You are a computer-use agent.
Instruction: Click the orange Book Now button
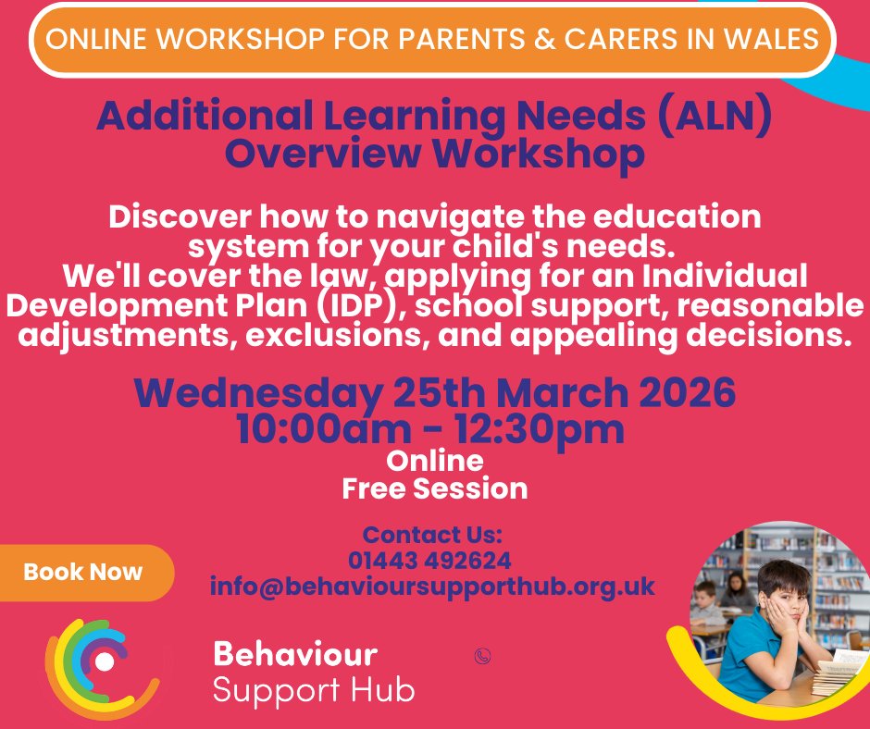tap(83, 572)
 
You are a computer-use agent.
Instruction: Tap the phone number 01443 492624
tap(429, 561)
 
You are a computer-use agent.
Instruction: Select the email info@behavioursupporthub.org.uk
tap(432, 587)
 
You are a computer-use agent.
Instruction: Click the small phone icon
tap(481, 656)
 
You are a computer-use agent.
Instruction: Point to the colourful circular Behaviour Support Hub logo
tap(103, 662)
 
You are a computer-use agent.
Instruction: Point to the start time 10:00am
tap(314, 429)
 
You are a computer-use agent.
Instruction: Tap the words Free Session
tap(435, 488)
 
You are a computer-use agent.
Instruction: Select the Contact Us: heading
tap(432, 535)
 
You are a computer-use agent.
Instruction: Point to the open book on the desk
tap(837, 661)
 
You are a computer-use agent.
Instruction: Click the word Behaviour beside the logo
tap(295, 654)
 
